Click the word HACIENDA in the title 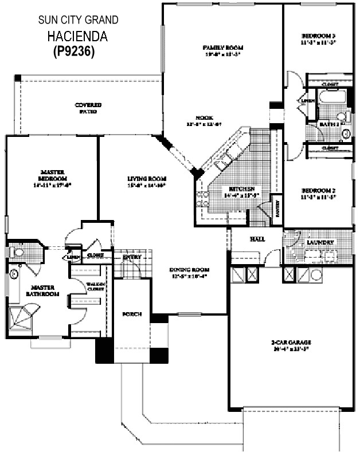coord(78,37)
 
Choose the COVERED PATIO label coord(88,105)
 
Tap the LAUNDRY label coord(320,242)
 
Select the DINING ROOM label coord(189,269)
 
